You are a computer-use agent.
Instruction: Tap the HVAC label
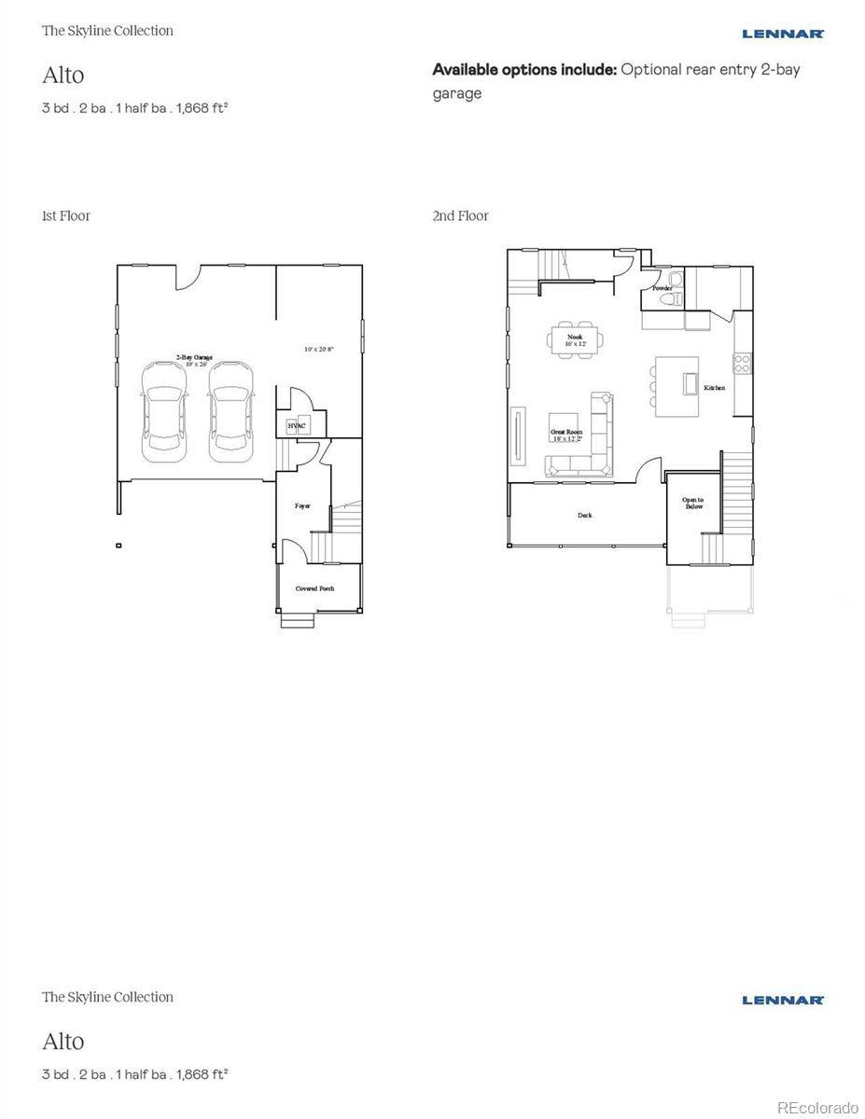tap(296, 425)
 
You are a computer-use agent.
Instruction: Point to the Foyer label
tap(302, 505)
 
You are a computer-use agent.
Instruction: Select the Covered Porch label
tap(314, 588)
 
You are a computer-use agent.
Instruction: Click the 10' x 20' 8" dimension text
tap(319, 350)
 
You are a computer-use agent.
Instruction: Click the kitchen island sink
tap(691, 384)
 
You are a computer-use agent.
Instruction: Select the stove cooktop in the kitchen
tap(744, 363)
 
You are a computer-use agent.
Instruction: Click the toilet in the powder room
tap(676, 281)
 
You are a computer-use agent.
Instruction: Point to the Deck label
tap(584, 516)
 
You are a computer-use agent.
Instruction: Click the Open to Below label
tap(692, 504)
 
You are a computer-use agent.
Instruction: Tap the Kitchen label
tap(714, 388)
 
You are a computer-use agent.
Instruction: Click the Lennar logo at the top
tap(782, 34)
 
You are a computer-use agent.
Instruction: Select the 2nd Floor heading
tap(460, 215)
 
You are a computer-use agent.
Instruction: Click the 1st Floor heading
tap(66, 215)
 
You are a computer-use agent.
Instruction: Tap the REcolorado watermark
tap(816, 1107)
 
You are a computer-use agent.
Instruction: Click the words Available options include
tap(524, 69)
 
